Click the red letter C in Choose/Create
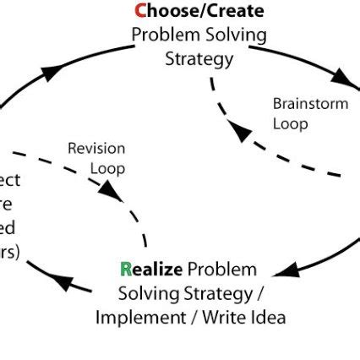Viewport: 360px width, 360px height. pos(141,12)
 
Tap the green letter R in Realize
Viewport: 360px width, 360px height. pos(126,270)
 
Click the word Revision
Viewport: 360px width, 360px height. pos(96,149)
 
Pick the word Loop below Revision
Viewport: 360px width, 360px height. pos(107,168)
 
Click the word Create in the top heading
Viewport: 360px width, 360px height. pos(232,12)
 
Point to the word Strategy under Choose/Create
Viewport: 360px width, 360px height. pos(199,58)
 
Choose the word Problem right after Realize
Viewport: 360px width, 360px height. pos(221,270)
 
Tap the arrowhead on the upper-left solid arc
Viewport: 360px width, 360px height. pos(52,72)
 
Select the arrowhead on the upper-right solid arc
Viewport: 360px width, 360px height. pos(342,77)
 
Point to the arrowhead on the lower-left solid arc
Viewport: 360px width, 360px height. pos(63,280)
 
